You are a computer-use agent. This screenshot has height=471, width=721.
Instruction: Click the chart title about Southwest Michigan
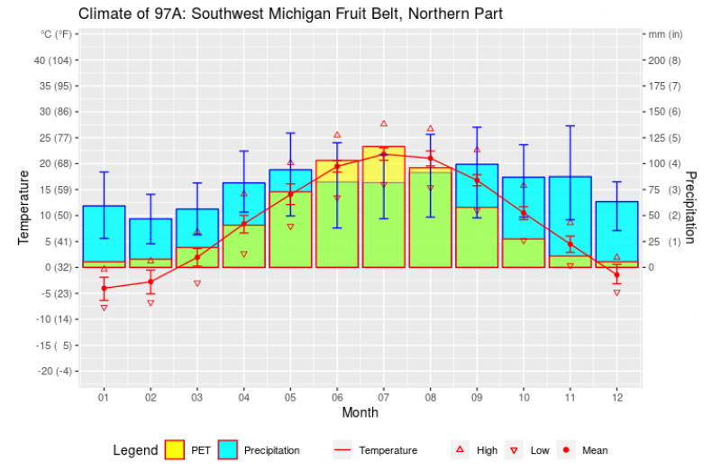pyautogui.click(x=290, y=14)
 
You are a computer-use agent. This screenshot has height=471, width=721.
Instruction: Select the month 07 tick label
pyautogui.click(x=384, y=396)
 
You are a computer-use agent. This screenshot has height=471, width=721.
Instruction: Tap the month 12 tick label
pyautogui.click(x=616, y=396)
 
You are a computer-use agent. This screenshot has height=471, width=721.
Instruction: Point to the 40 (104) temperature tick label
pyautogui.click(x=53, y=60)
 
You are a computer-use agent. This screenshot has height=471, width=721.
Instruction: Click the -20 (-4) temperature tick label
pyautogui.click(x=53, y=372)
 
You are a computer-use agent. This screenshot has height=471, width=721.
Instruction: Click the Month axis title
pyautogui.click(x=360, y=412)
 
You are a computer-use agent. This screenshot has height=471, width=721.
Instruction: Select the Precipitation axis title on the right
pyautogui.click(x=691, y=207)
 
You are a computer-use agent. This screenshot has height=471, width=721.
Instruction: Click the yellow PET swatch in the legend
pyautogui.click(x=175, y=449)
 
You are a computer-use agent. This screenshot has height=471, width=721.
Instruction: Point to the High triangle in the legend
pyautogui.click(x=460, y=449)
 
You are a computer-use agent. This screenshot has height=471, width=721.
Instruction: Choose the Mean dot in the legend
pyautogui.click(x=566, y=449)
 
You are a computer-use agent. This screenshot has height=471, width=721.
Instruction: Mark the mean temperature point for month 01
pyautogui.click(x=105, y=288)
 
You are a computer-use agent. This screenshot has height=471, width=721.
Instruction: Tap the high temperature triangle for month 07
pyautogui.click(x=384, y=124)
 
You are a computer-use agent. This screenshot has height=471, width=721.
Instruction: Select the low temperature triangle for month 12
pyautogui.click(x=616, y=292)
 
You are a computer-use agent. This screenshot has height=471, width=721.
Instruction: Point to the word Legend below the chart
pyautogui.click(x=135, y=449)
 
